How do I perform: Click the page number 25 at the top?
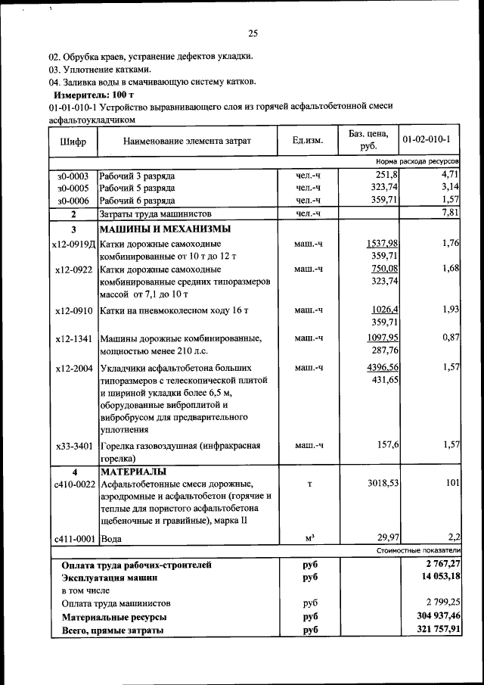(253, 33)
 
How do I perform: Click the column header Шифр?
(71, 142)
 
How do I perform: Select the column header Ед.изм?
(307, 141)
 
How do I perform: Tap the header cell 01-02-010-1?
(427, 140)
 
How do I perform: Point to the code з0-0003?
(73, 176)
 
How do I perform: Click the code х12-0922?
(74, 269)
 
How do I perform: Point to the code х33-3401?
(74, 446)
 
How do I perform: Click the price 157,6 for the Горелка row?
(385, 444)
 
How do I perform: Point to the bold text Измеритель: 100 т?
(93, 95)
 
